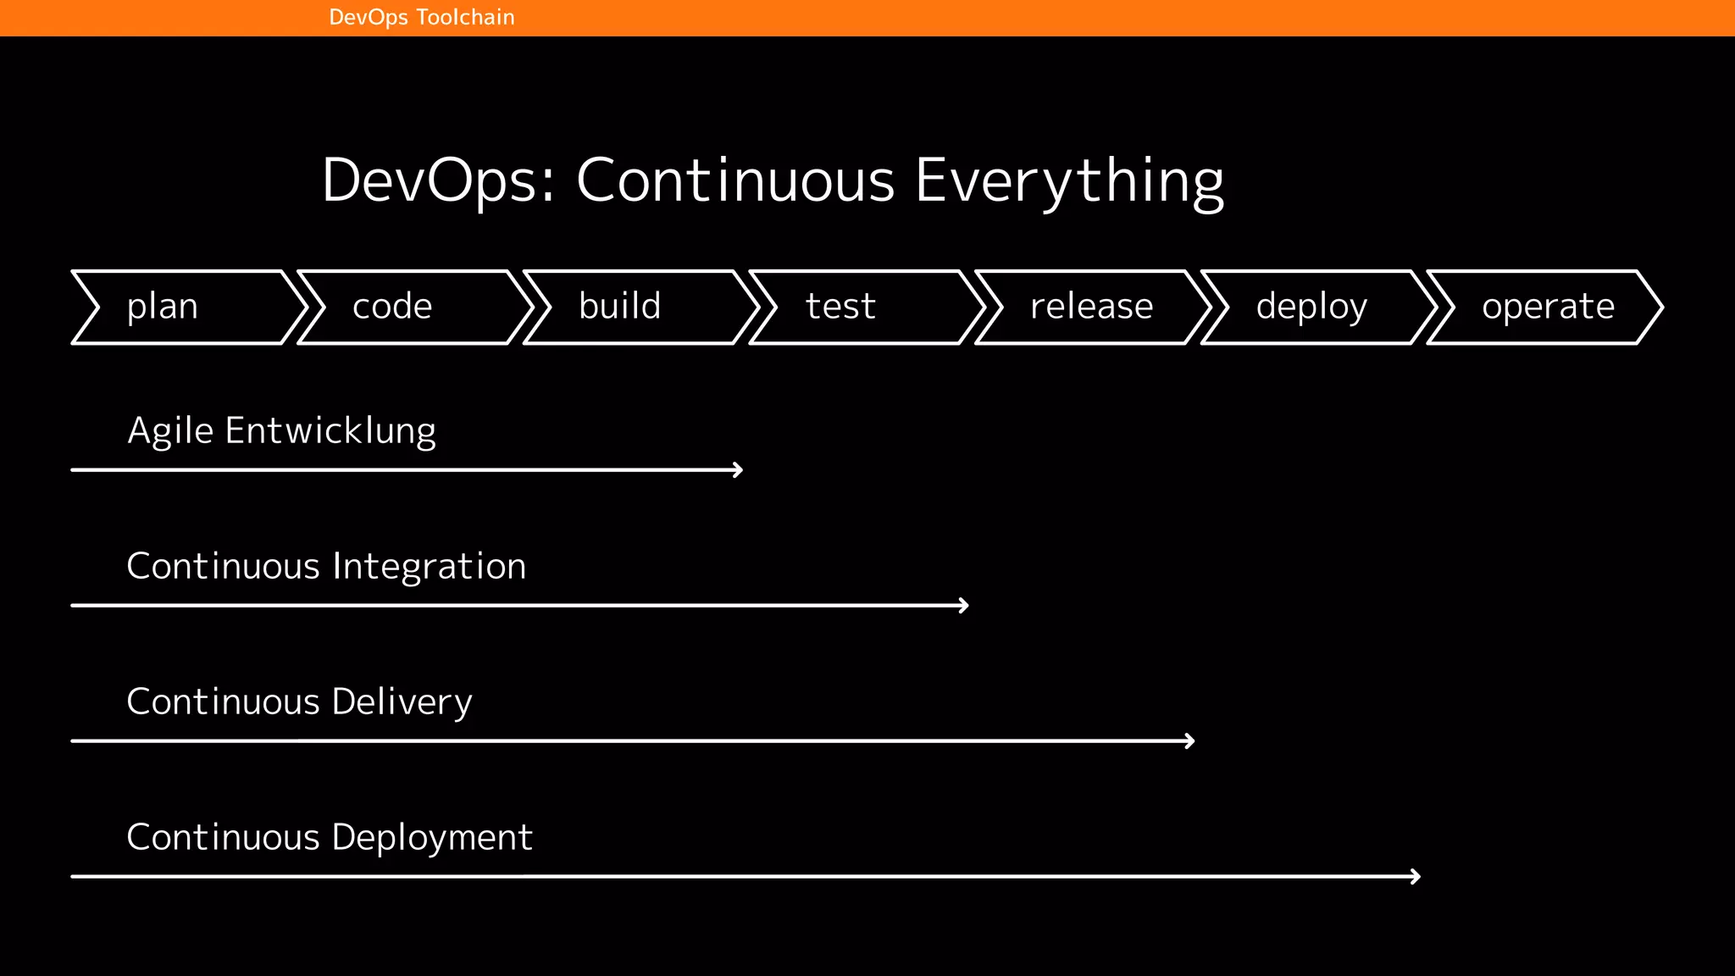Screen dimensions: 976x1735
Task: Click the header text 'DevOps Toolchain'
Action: point(421,18)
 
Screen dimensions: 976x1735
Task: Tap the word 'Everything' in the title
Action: point(1069,181)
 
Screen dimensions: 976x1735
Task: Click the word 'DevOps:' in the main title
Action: point(438,181)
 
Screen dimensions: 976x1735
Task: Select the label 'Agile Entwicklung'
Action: point(281,431)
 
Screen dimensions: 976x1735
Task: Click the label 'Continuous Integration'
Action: point(326,567)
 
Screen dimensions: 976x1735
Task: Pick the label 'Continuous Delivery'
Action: point(299,702)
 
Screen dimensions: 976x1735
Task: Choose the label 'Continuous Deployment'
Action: point(330,838)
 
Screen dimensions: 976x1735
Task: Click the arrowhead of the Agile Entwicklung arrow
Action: point(739,470)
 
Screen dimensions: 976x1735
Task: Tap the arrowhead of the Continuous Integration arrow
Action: point(964,606)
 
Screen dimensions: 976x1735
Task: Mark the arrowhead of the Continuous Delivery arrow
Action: point(1190,741)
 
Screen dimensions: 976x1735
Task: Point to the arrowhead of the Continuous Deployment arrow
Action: point(1416,877)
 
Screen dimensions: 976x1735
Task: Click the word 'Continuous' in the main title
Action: point(735,181)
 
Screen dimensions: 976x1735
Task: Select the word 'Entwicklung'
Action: point(330,431)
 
